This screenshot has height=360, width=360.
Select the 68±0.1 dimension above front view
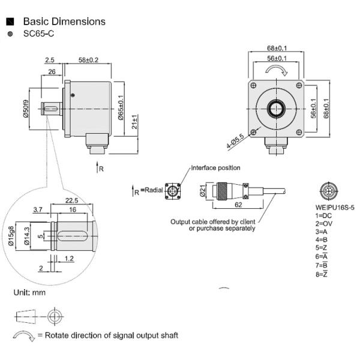277,48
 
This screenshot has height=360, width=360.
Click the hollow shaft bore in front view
277,109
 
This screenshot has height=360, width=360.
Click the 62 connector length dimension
238,205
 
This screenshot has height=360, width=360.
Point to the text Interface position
216,167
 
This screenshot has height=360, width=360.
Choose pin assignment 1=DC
324,215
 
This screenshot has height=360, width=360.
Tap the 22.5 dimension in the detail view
72,200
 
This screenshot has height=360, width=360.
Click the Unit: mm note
29,293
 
